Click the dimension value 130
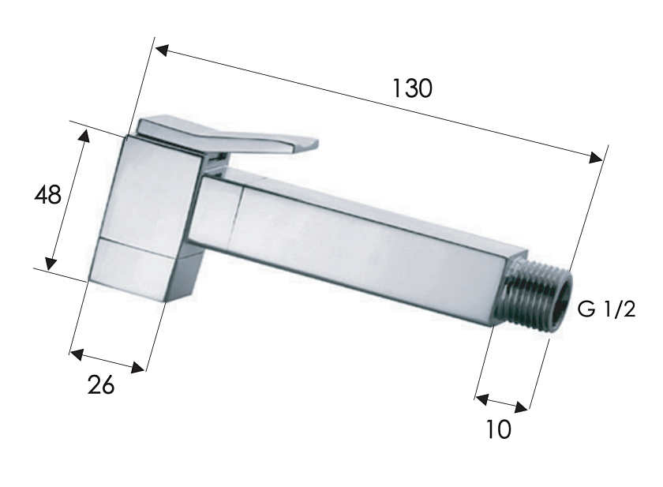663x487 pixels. (x=412, y=88)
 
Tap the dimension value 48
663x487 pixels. (x=48, y=195)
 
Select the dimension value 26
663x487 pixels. (x=101, y=385)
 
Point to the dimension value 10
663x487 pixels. (x=500, y=429)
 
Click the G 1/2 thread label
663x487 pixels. (x=606, y=310)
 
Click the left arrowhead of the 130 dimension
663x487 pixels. (x=163, y=51)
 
